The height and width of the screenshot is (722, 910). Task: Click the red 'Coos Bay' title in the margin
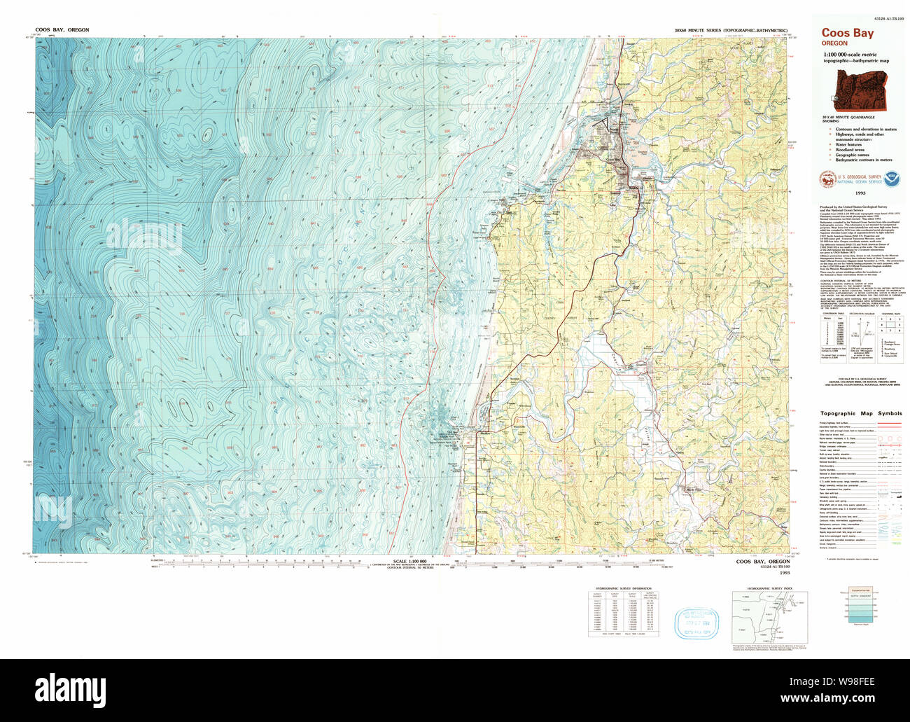[x=847, y=32]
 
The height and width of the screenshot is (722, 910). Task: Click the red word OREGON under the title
[x=834, y=43]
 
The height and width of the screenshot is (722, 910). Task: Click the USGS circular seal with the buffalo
[x=828, y=181]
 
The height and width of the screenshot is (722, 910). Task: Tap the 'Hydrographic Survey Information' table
[x=622, y=611]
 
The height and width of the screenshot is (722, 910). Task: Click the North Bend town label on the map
[x=612, y=130]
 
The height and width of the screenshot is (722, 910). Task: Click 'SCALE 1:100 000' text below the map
[x=410, y=562]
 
